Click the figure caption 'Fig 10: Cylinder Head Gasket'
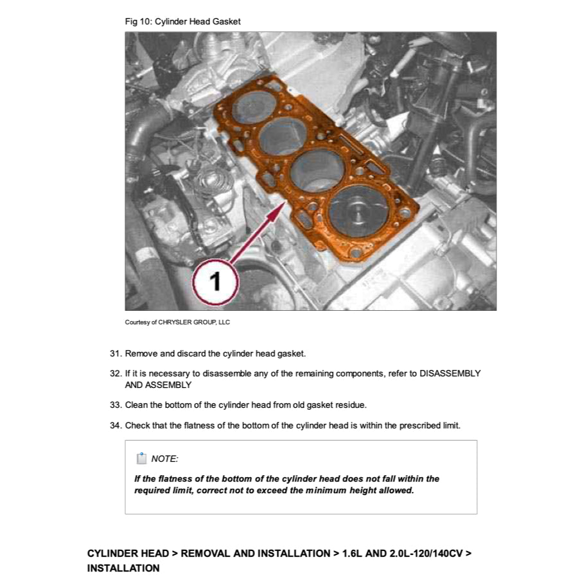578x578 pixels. [182, 21]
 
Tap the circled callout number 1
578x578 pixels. [215, 281]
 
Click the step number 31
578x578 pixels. [116, 354]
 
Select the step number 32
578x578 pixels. [116, 374]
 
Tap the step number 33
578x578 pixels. [116, 405]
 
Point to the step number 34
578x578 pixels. [116, 426]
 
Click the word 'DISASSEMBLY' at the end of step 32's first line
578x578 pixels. [450, 374]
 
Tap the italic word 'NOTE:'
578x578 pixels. [164, 459]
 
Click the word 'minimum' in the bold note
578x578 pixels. [326, 491]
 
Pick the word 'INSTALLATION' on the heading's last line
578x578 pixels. [123, 568]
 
